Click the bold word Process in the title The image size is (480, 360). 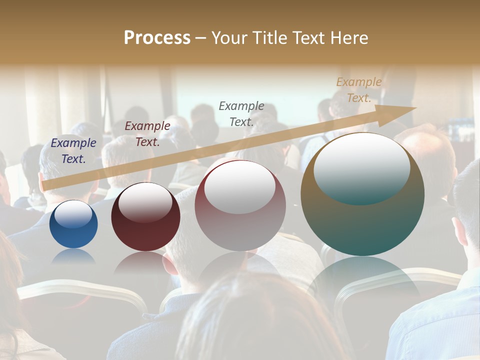pyautogui.click(x=157, y=38)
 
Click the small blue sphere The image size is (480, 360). pyautogui.click(x=73, y=232)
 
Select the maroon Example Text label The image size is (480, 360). pyautogui.click(x=147, y=134)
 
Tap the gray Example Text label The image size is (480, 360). pyautogui.click(x=241, y=113)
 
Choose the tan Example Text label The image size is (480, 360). pyautogui.click(x=359, y=90)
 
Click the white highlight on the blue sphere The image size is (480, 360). pyautogui.click(x=73, y=214)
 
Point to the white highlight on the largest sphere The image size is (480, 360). pyautogui.click(x=361, y=167)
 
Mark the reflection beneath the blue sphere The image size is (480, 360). pyautogui.click(x=73, y=256)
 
